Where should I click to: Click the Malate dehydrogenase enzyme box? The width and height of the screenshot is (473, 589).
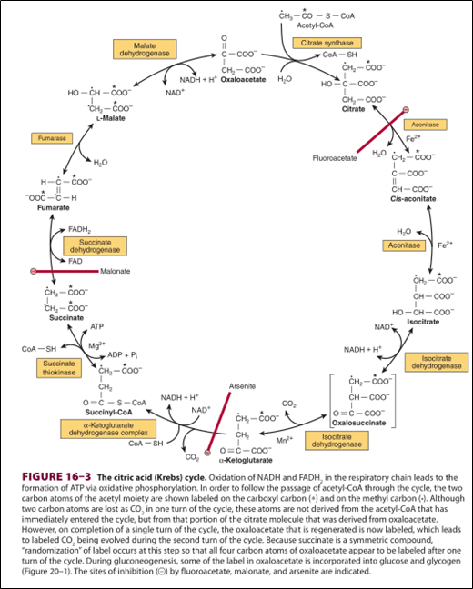point(144,49)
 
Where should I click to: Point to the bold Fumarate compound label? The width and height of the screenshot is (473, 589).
point(53,208)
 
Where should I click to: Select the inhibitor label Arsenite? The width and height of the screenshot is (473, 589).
point(243,385)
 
